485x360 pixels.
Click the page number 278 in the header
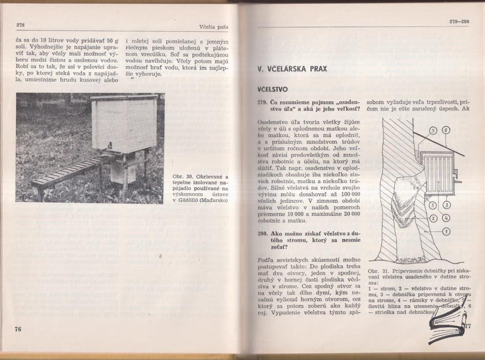coord(20,26)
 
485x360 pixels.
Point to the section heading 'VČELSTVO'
coord(273,89)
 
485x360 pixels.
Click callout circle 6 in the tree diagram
coord(446,130)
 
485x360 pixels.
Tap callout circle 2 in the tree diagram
coord(433,217)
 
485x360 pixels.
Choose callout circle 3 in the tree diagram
coord(446,204)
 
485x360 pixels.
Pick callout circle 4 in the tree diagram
coord(446,217)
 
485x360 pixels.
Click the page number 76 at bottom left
coord(18,329)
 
